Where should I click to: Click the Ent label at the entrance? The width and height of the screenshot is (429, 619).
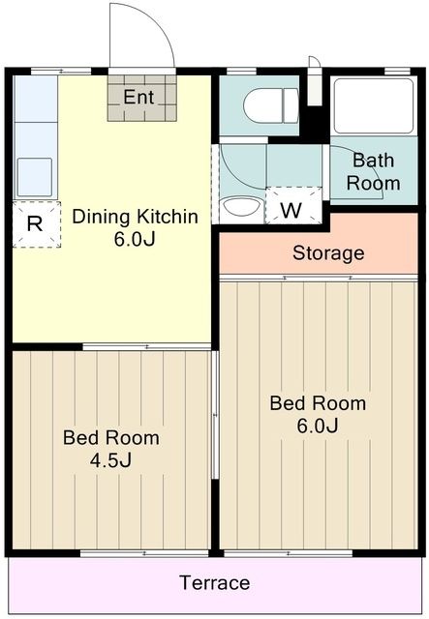coord(138,97)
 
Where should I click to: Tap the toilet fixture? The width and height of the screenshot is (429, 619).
coord(270,105)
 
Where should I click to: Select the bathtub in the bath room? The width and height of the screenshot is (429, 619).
coord(372,106)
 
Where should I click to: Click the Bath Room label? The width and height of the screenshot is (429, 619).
coord(374,171)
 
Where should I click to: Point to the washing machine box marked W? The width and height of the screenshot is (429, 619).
coord(289,207)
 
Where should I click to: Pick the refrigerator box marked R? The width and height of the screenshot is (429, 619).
coord(35,224)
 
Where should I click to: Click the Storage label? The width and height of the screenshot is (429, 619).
coord(328,254)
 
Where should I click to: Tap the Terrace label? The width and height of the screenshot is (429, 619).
coord(214,583)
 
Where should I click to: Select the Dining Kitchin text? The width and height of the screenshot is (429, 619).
coord(136,217)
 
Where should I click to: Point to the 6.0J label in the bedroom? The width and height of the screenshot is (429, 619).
coord(318,426)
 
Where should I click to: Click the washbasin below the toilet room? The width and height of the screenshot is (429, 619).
coord(240,208)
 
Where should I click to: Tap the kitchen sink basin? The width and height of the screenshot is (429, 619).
coord(34,175)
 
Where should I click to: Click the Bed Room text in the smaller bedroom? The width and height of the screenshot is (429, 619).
coord(111,437)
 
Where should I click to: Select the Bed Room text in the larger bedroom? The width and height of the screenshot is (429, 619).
coord(318,403)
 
